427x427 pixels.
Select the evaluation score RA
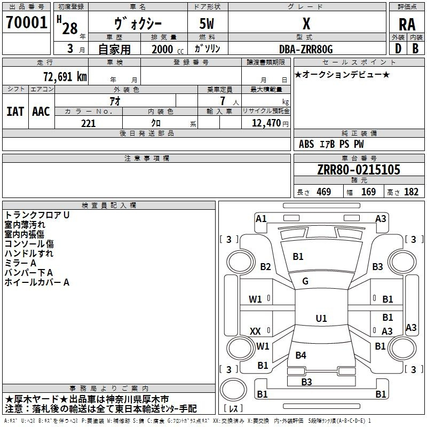pos(407,24)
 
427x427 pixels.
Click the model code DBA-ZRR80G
pos(306,49)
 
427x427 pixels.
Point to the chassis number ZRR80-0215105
pos(358,170)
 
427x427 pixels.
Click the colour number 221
pos(88,123)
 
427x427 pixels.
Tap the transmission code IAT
pos(15,111)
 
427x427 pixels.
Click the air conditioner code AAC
pos(41,111)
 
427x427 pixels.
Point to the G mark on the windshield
pos(305,281)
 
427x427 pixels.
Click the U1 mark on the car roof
pos(321,319)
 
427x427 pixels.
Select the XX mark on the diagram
pos(255,331)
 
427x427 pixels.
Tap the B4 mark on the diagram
pos(301,355)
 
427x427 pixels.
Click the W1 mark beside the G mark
pos(255,299)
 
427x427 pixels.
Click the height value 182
pos(411,192)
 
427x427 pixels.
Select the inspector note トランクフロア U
pos(37,215)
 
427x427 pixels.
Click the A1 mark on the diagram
pos(261,218)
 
